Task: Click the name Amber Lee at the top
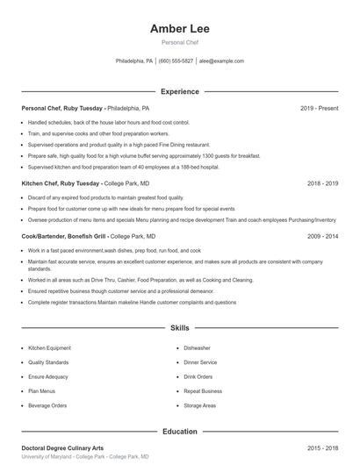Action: [x=179, y=29]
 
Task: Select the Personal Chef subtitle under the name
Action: [x=179, y=42]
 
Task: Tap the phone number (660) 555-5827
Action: [x=176, y=61]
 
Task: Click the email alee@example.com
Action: [x=220, y=61]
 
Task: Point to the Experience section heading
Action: [x=179, y=91]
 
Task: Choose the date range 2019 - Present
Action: [x=319, y=108]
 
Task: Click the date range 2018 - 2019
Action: [x=322, y=184]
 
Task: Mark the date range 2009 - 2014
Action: [x=322, y=236]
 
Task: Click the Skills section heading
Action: [x=179, y=328]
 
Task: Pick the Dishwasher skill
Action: [x=198, y=348]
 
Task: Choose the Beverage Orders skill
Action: [x=47, y=406]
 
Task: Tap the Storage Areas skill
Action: [x=200, y=406]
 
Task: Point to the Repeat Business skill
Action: [x=203, y=391]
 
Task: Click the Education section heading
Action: [x=179, y=432]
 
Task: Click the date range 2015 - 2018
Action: [x=322, y=447]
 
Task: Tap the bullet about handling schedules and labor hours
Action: [x=109, y=123]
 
